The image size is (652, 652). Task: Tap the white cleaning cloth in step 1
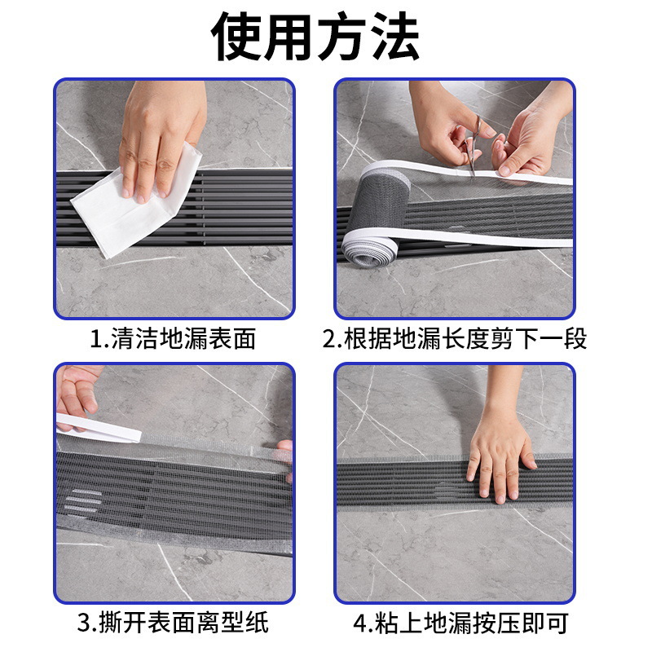(x=134, y=204)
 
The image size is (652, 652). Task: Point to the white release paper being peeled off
(x=98, y=426)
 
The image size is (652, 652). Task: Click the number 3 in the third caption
(x=84, y=624)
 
